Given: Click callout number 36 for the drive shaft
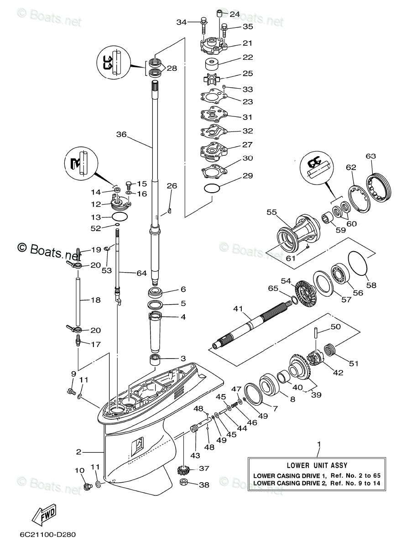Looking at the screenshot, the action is [x=121, y=134].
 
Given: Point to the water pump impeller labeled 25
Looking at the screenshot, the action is [x=212, y=79].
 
